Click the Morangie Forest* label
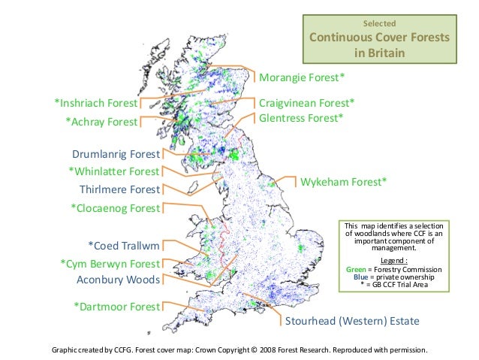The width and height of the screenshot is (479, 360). coord(302,77)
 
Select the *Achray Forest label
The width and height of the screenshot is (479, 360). coord(101,121)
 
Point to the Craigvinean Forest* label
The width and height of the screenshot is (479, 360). coord(306,102)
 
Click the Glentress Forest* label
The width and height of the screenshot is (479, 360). coord(300,118)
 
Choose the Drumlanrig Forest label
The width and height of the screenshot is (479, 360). coord(116,155)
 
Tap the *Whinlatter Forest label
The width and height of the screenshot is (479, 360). coord(114,172)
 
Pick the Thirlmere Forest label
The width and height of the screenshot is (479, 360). coord(119,189)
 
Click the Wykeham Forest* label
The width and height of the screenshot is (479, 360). coord(343,182)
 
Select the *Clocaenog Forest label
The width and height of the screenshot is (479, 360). coord(116,207)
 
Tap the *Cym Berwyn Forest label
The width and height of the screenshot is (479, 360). coord(110,263)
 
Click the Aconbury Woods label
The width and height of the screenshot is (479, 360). coord(119,280)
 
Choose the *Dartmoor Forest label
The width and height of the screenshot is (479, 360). coord(116,307)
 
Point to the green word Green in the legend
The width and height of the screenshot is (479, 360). coord(357,268)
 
